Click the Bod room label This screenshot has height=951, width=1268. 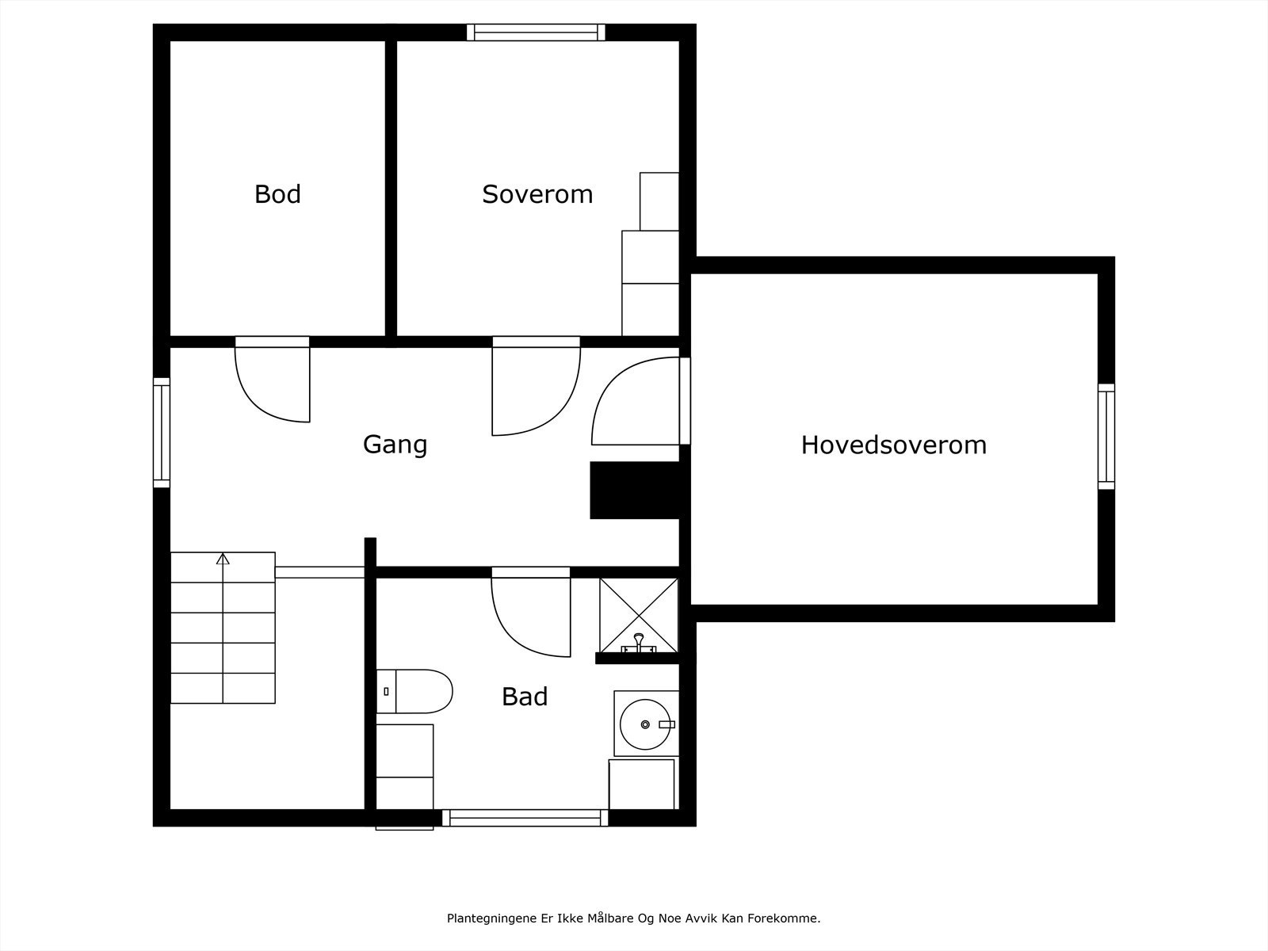[x=277, y=194]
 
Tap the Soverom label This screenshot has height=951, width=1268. [x=537, y=194]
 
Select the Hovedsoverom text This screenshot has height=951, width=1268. [x=894, y=445]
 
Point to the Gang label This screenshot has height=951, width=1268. [x=395, y=445]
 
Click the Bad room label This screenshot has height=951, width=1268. [x=525, y=697]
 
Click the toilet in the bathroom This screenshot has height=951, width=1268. [x=414, y=691]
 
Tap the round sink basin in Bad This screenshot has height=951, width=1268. [x=645, y=724]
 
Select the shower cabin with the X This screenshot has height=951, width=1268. [x=639, y=616]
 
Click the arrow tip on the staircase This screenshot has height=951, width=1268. [x=223, y=554]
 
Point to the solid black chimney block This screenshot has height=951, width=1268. [x=634, y=491]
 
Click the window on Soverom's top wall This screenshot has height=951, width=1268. [x=536, y=32]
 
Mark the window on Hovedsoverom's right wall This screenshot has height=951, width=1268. [x=1106, y=437]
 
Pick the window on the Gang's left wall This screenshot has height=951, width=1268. [x=162, y=433]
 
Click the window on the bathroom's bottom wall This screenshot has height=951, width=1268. [x=525, y=818]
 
